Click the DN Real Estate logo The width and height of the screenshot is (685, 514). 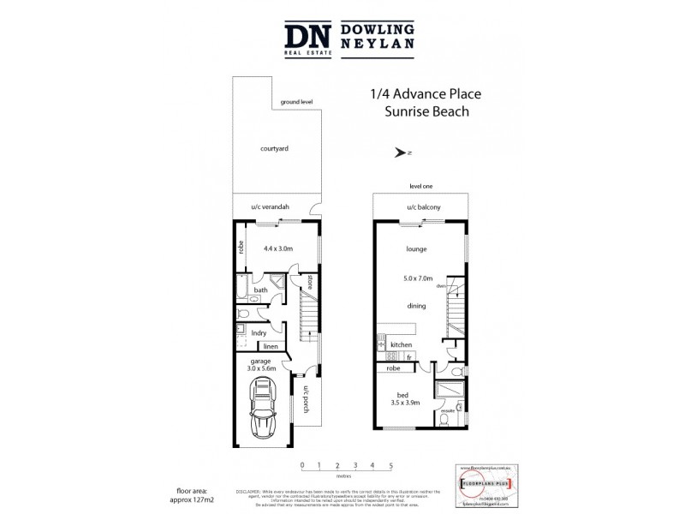tap(307, 39)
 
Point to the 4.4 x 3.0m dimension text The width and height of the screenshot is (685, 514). tap(278, 248)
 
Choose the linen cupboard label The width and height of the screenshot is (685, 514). tap(271, 346)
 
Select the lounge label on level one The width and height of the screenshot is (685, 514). tap(417, 249)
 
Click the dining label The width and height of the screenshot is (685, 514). tap(417, 305)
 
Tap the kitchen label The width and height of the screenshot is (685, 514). tap(401, 344)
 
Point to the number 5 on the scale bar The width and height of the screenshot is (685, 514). tap(390, 464)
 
